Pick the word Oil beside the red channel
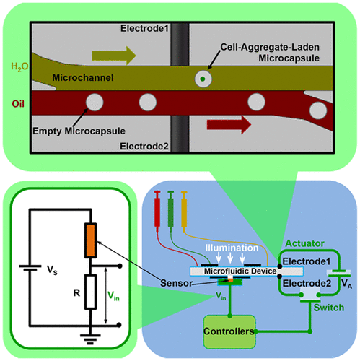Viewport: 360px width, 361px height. [x=18, y=103]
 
